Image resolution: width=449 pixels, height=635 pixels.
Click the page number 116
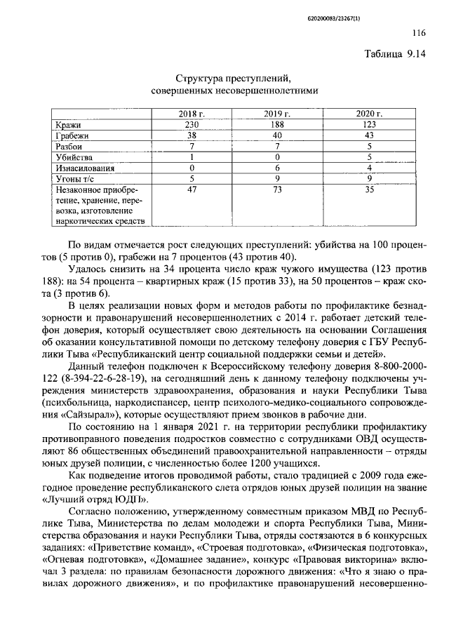[418, 32]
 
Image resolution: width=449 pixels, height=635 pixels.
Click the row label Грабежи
[73, 135]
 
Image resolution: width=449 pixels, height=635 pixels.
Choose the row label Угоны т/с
[75, 180]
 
